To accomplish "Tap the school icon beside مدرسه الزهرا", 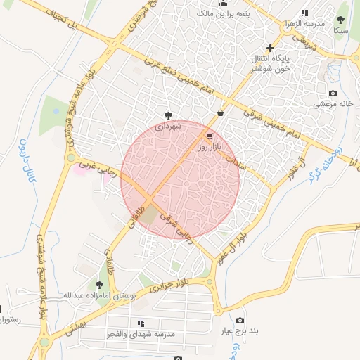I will click(x=304, y=13).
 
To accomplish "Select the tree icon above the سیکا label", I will click(x=341, y=20).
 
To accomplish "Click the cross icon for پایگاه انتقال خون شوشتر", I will click(x=270, y=48).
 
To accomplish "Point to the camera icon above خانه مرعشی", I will click(x=333, y=94).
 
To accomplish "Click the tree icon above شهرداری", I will click(x=168, y=115).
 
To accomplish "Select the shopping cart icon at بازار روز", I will click(x=210, y=136).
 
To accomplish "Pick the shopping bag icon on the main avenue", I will click(x=221, y=112).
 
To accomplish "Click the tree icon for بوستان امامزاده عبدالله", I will click(x=98, y=285).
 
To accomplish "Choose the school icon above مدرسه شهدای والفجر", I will click(x=141, y=324).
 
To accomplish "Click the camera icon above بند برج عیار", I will click(x=241, y=321).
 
